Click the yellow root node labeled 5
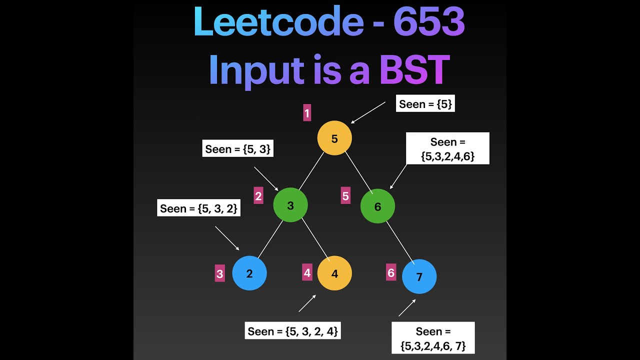click(x=334, y=138)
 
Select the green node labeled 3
click(x=290, y=205)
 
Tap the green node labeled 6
click(x=377, y=206)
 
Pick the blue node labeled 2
click(x=249, y=273)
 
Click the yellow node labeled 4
click(x=334, y=273)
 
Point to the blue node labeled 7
click(x=419, y=276)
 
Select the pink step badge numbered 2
click(x=258, y=196)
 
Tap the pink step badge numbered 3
click(x=219, y=274)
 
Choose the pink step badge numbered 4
click(x=307, y=273)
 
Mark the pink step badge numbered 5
click(x=345, y=196)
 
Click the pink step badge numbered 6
click(x=391, y=273)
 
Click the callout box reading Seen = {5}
click(x=425, y=104)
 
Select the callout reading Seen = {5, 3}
click(x=238, y=149)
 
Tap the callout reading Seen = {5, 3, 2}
click(x=199, y=208)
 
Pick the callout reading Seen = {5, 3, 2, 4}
click(x=292, y=331)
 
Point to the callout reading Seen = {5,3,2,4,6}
click(x=447, y=148)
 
